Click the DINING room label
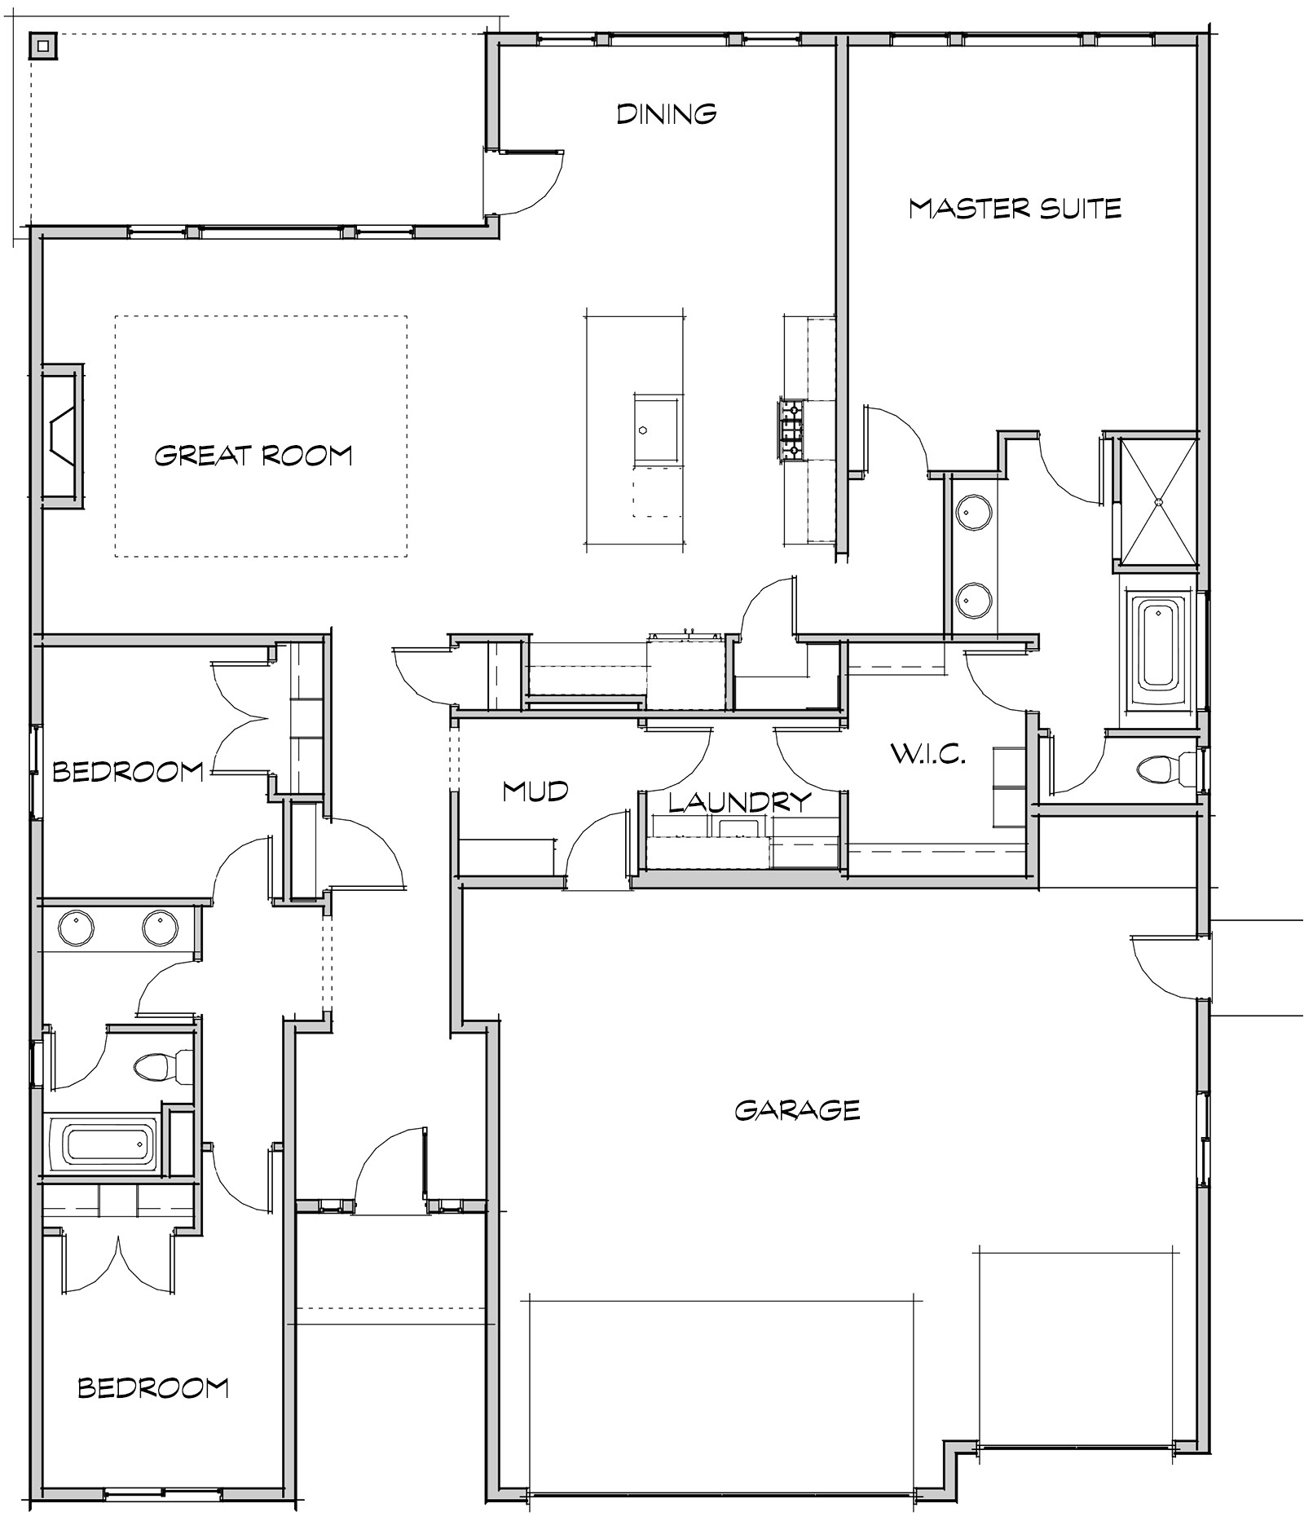pos(666,113)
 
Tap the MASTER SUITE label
pos(1015,209)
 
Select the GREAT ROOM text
pos(253,455)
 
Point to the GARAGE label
pos(797,1110)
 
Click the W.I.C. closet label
pos(928,754)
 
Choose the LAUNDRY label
pos(740,802)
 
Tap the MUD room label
pos(535,791)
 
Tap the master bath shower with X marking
pos(1157,501)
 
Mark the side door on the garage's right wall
pos(1167,967)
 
